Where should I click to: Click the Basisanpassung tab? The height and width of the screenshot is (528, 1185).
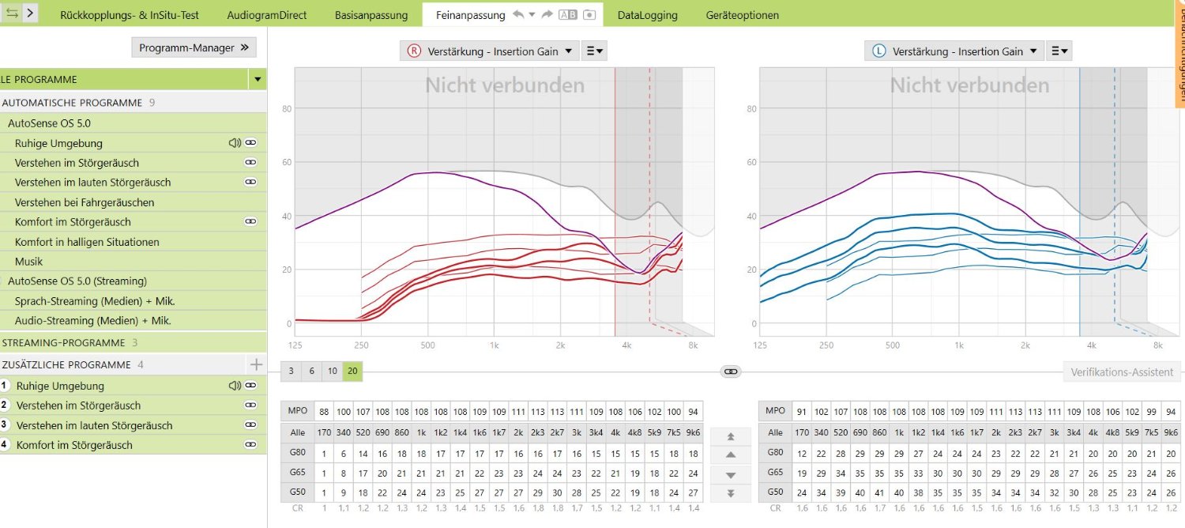coord(371,15)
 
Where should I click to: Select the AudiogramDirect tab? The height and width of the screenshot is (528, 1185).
coord(266,15)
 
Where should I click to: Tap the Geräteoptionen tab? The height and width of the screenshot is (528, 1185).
coord(742,15)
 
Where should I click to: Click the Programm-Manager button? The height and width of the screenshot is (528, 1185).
coord(194,48)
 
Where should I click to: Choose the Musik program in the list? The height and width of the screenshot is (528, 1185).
coord(28,262)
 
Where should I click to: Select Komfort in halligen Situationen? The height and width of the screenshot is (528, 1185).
coord(87,242)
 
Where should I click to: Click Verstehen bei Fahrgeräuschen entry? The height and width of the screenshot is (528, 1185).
coord(85,202)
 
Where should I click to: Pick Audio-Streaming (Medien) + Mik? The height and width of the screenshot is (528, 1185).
coord(92,321)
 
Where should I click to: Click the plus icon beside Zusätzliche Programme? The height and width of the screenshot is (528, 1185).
coord(255,364)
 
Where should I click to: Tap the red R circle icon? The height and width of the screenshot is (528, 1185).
coord(414,51)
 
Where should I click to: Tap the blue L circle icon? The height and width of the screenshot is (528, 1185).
coord(878,51)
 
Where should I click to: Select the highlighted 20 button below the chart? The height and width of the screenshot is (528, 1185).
coord(352,371)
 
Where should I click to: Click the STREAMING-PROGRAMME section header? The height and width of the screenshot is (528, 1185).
coord(63,343)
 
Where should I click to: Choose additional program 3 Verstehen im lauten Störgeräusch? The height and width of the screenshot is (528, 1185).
coord(94,425)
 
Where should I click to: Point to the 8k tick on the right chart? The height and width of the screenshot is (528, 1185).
coord(1158,345)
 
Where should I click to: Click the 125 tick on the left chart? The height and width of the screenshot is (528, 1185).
coord(295,345)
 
